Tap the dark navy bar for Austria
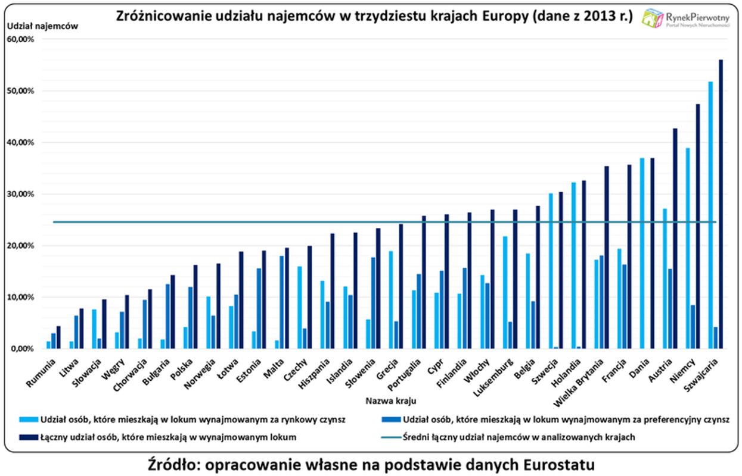click(675, 238)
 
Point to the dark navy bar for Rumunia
click(59, 337)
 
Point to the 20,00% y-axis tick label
click(21, 246)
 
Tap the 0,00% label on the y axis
click(23, 349)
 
